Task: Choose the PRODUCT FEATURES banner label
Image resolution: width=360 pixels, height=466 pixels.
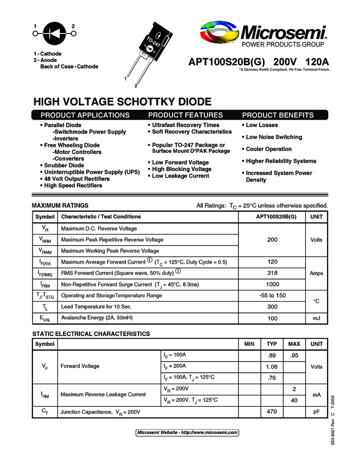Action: tap(185, 115)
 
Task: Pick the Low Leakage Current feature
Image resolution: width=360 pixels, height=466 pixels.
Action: tap(180, 176)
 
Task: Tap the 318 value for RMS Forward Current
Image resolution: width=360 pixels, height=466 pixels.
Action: tap(272, 273)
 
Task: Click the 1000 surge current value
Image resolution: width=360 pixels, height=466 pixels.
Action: tap(272, 285)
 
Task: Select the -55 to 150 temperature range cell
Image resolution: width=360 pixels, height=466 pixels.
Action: tap(272, 295)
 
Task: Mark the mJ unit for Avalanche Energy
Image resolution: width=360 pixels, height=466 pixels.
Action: tap(316, 318)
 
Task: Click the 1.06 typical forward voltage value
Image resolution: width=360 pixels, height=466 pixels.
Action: tap(271, 366)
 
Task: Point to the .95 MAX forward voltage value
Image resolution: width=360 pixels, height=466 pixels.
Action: tap(294, 355)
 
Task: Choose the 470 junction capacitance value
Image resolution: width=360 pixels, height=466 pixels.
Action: tap(271, 411)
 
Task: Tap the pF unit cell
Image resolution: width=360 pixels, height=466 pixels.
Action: tap(316, 411)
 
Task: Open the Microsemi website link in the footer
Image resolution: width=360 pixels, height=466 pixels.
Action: tap(187, 433)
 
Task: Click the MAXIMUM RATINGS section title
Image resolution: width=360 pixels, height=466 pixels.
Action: tap(60, 206)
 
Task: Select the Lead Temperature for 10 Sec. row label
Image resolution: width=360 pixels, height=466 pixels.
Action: tap(96, 307)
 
